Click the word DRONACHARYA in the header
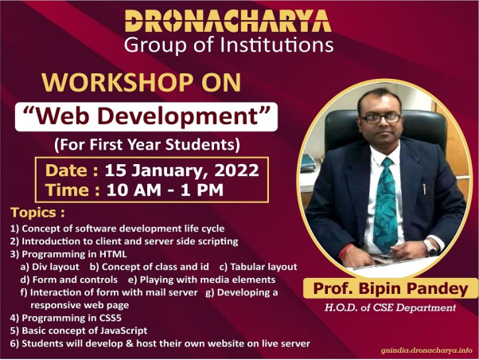point(228,21)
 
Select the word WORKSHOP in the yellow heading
point(117,83)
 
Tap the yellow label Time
point(72,190)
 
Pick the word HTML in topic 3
point(113,254)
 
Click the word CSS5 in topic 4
point(111,318)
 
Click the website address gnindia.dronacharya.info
point(426,350)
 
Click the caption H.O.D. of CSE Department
point(390,307)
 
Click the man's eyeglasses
point(382,118)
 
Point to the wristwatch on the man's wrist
point(430,247)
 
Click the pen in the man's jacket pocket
point(424,189)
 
